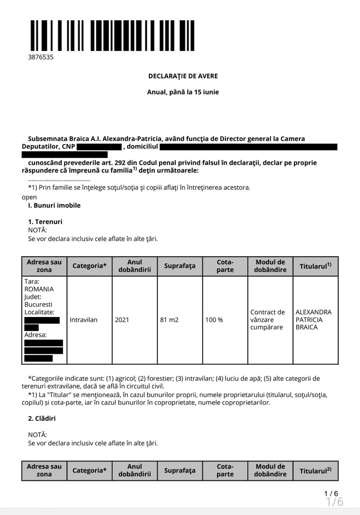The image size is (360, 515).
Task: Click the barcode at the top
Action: coord(112,36)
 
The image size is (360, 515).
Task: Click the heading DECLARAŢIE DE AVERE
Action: coord(183,76)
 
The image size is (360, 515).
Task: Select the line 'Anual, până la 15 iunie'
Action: coord(183,92)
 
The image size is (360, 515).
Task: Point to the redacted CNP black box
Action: coord(99,147)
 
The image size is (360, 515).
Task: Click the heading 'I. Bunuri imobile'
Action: coord(54,205)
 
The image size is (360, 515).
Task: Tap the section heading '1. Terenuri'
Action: coord(45,221)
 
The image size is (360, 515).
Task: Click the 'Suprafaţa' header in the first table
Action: coord(180,266)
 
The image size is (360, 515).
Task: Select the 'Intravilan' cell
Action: coord(84,320)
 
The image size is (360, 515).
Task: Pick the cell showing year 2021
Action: coord(122,320)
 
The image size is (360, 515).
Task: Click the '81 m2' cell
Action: coord(169,320)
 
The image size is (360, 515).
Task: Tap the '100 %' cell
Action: coord(214,320)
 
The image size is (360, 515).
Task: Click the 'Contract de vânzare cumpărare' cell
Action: coord(268,320)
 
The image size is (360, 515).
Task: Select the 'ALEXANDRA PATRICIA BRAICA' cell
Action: coord(314,320)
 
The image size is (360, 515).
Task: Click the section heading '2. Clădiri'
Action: coord(42,418)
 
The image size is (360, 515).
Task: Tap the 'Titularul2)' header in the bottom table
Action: coord(315,471)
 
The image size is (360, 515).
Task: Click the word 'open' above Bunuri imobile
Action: coord(29,197)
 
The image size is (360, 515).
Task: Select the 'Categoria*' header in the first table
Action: coord(90,266)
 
